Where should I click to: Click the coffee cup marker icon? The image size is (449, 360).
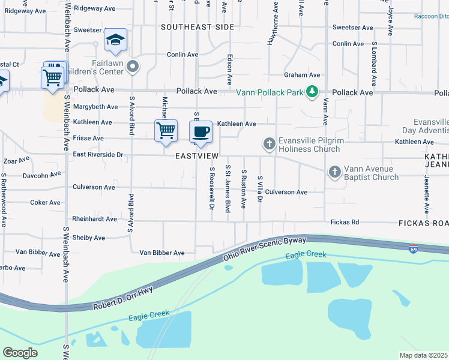click(201, 131)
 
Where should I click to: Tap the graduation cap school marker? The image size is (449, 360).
click(115, 40)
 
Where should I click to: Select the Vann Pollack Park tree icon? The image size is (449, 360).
click(312, 92)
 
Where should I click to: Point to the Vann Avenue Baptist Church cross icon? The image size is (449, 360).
click(335, 172)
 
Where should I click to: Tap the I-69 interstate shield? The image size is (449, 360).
click(413, 248)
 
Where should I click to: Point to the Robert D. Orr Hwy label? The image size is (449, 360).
click(124, 298)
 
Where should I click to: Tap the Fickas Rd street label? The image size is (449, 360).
click(345, 223)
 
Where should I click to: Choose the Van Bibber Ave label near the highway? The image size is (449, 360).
click(162, 253)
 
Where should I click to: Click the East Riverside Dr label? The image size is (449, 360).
click(98, 155)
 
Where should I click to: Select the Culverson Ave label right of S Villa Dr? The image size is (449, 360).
click(286, 193)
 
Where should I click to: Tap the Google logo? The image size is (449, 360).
click(20, 352)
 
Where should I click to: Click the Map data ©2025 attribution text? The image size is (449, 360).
click(423, 355)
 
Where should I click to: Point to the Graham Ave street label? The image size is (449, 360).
click(302, 75)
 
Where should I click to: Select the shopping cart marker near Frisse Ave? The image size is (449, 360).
click(166, 130)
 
